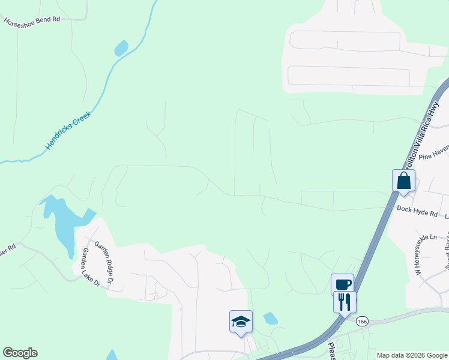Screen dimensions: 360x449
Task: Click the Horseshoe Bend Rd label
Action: click(x=32, y=20)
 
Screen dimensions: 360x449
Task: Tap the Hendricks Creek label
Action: click(x=68, y=130)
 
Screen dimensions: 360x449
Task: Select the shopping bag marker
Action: click(x=403, y=181)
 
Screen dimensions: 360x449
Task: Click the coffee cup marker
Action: click(x=342, y=284)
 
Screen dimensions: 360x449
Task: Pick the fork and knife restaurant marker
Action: click(x=345, y=301)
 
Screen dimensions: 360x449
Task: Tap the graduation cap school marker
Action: click(x=241, y=322)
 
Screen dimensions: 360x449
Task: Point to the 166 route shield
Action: click(x=361, y=322)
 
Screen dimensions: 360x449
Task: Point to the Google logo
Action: click(x=20, y=353)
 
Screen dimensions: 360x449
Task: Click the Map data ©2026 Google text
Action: click(x=411, y=355)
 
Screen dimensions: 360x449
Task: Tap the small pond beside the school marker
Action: click(x=271, y=318)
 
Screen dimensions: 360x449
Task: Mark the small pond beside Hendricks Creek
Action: click(x=121, y=47)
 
